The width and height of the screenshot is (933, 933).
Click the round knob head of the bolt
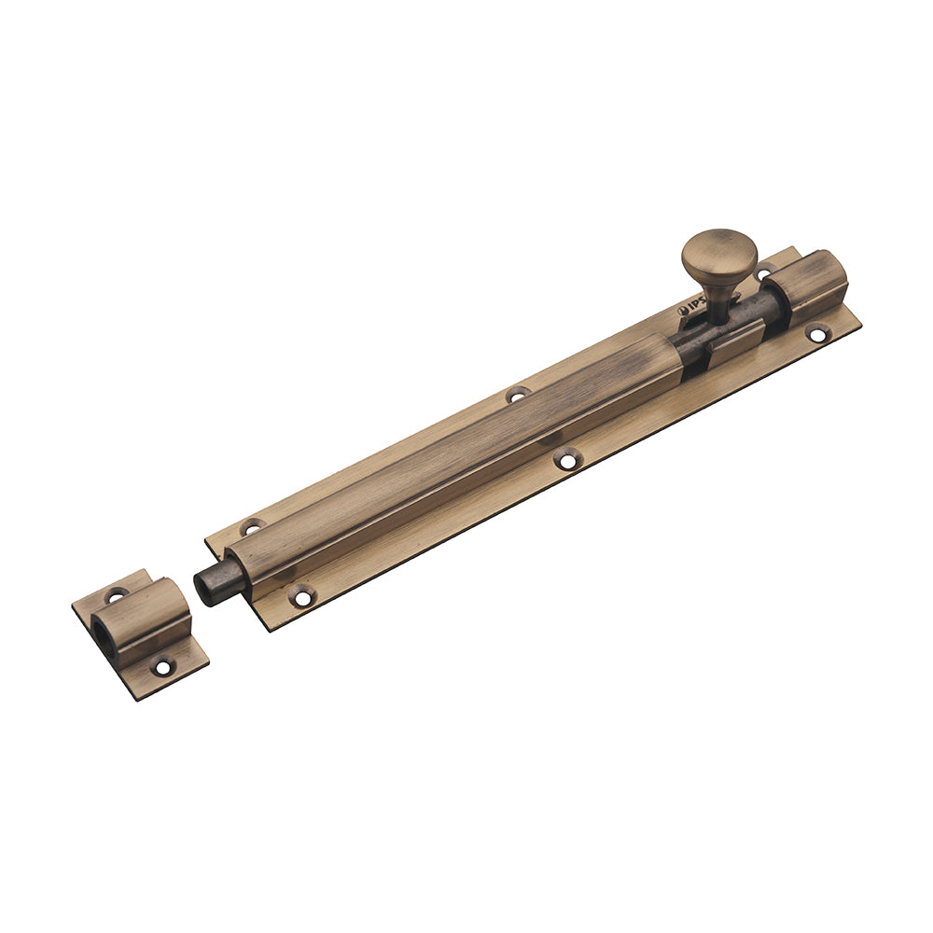tap(719, 249)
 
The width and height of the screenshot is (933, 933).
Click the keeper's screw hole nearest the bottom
tap(162, 667)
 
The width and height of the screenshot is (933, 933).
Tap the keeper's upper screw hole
tap(117, 593)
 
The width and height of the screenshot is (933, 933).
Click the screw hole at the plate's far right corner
tap(816, 332)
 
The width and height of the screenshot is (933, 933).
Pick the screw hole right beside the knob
tap(764, 272)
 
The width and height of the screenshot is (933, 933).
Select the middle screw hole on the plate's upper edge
tap(517, 395)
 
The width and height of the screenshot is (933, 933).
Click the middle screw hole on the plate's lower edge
tap(566, 458)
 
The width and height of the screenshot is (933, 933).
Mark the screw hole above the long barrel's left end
tap(251, 527)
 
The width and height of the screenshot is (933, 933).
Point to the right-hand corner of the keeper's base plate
tap(207, 663)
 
